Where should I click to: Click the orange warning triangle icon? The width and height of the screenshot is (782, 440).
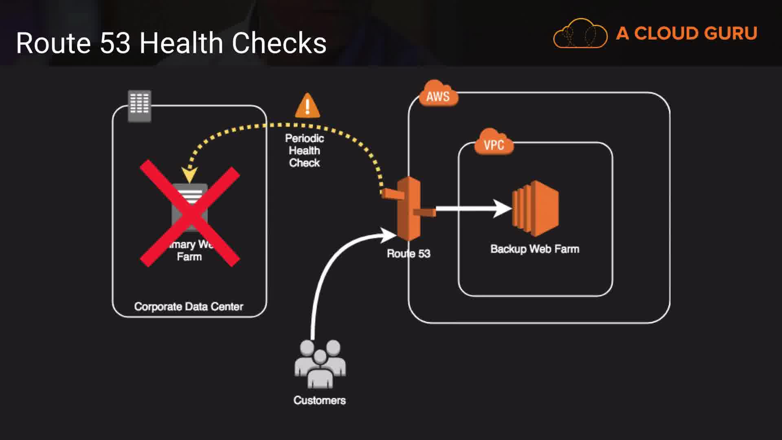pyautogui.click(x=308, y=106)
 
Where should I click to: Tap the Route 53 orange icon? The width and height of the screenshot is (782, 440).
pyautogui.click(x=409, y=209)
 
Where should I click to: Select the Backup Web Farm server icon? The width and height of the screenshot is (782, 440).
pyautogui.click(x=535, y=208)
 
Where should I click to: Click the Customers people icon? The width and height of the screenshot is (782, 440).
pyautogui.click(x=320, y=364)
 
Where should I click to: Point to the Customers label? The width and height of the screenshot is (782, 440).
pyautogui.click(x=320, y=400)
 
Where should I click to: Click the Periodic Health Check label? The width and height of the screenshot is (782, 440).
pyautogui.click(x=304, y=151)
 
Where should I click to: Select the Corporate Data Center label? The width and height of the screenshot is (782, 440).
pyautogui.click(x=189, y=307)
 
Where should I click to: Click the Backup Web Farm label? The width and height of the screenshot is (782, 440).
pyautogui.click(x=535, y=249)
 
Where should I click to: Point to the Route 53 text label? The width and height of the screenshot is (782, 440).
pyautogui.click(x=409, y=254)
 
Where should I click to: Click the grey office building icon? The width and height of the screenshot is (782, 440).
pyautogui.click(x=140, y=106)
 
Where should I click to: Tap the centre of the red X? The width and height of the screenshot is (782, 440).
pyautogui.click(x=190, y=213)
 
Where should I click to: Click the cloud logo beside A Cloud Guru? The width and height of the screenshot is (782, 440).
pyautogui.click(x=580, y=33)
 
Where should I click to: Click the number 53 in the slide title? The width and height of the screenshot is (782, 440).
pyautogui.click(x=115, y=43)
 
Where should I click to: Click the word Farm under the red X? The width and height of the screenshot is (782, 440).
pyautogui.click(x=189, y=257)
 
